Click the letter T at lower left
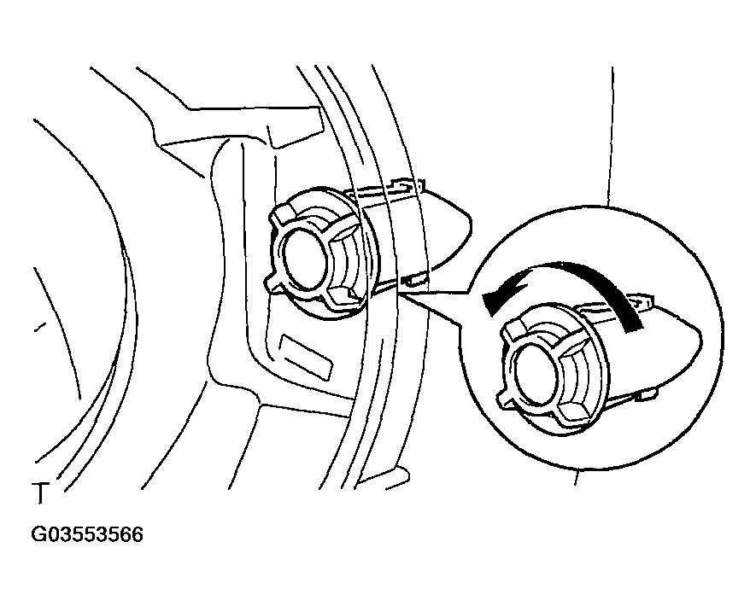40,492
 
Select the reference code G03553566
87,535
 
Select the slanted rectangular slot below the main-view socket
307,357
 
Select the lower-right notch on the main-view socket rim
342,298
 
